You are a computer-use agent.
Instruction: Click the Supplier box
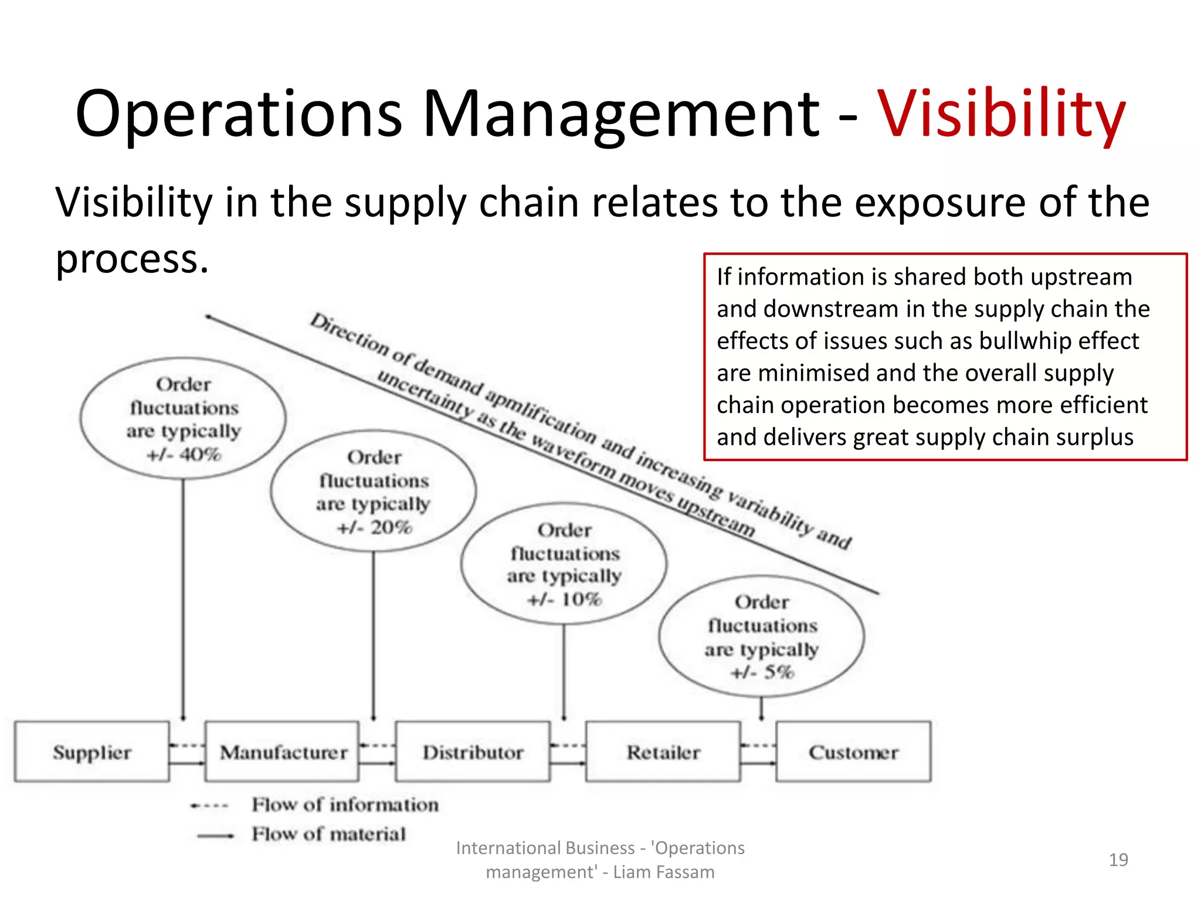92,752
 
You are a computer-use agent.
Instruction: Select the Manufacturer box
283,752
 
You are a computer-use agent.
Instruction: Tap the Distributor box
473,752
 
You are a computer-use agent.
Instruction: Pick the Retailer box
663,752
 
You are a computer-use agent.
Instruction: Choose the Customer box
853,752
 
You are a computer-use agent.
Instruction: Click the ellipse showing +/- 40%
183,419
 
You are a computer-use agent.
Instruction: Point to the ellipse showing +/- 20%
374,492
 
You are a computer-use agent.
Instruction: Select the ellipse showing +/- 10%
564,564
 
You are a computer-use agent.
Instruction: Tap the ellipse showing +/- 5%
761,636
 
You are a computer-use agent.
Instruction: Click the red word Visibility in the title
1000,114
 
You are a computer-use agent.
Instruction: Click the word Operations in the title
239,114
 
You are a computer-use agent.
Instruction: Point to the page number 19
1118,860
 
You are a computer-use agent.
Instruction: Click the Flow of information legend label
345,805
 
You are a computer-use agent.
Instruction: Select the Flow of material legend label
328,834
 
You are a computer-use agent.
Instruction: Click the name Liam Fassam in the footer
663,872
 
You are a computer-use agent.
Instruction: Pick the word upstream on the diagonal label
716,516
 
